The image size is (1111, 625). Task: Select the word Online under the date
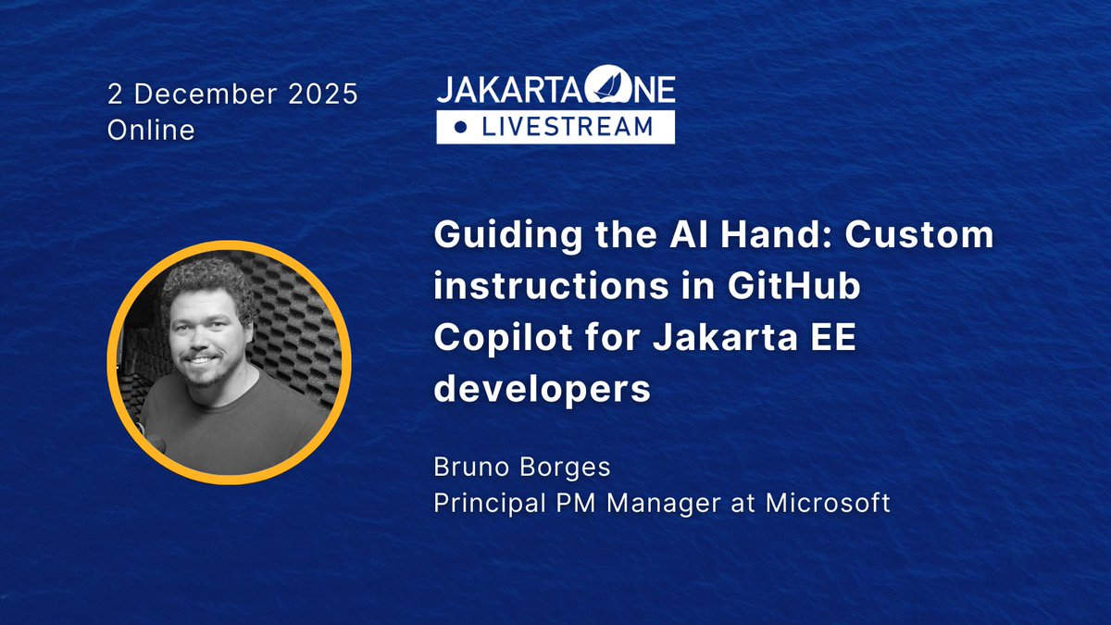click(x=151, y=131)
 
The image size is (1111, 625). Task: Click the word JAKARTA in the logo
click(x=500, y=92)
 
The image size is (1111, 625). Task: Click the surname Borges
click(x=565, y=468)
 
